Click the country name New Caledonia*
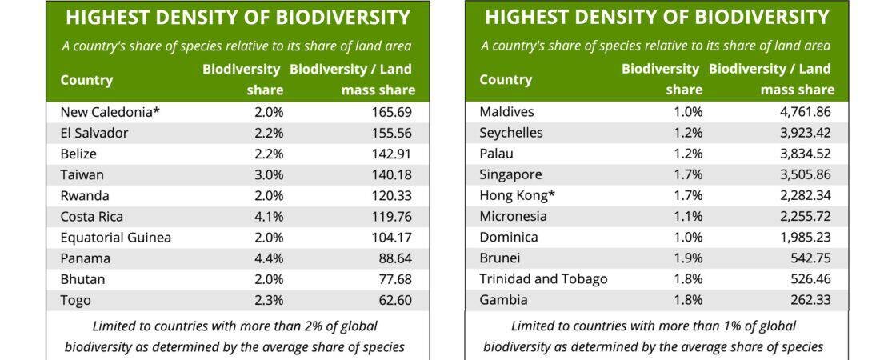pos(110,112)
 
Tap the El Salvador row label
pos(94,133)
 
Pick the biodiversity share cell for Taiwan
pos(269,174)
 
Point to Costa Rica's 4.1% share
pos(269,217)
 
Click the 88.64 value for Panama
pos(398,258)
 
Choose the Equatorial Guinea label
pos(116,238)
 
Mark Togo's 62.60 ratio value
pos(398,301)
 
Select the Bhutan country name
pos(83,279)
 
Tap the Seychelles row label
pos(511,133)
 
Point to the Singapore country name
pos(510,174)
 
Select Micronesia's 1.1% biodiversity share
pos(688,217)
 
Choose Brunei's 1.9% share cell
pos(688,258)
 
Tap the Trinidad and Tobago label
pos(543,279)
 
